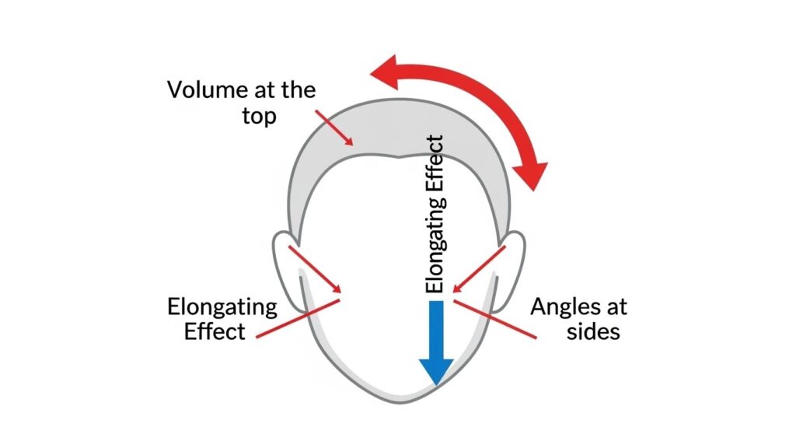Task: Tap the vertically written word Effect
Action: (x=435, y=164)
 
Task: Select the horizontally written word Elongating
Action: (x=222, y=306)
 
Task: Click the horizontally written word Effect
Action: (x=215, y=331)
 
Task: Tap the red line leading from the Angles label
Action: (x=497, y=320)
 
